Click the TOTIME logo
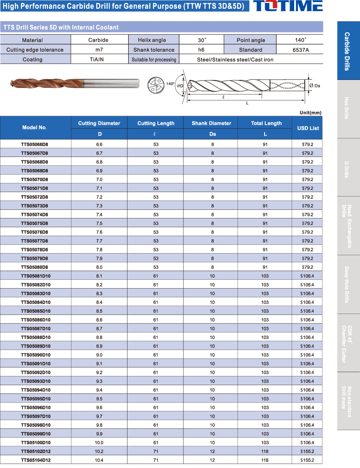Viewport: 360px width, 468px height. coord(288,6)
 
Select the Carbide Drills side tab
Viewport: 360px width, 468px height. coord(348,51)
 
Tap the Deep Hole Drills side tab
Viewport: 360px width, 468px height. coord(348,284)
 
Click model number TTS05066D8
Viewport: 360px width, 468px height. coord(35,144)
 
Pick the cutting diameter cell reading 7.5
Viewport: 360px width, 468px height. coord(99,223)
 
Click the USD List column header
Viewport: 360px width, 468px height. coord(308,128)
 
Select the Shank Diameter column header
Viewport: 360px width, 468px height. coord(211,123)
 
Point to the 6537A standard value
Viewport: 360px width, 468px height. coord(300,50)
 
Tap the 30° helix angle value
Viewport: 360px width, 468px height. coord(202,40)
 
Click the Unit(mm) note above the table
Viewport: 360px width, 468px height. coord(310,113)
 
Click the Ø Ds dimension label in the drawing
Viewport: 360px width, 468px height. coord(315,86)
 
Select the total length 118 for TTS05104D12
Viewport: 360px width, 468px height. coord(265,460)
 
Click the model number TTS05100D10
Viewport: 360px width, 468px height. coord(35,443)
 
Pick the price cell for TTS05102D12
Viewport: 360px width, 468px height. coord(307,451)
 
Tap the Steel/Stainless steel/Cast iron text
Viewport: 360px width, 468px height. coord(235,60)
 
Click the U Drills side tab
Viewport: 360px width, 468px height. coord(348,168)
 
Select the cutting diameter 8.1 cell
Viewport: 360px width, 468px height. coord(99,276)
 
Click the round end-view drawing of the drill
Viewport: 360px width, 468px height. coord(156,86)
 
